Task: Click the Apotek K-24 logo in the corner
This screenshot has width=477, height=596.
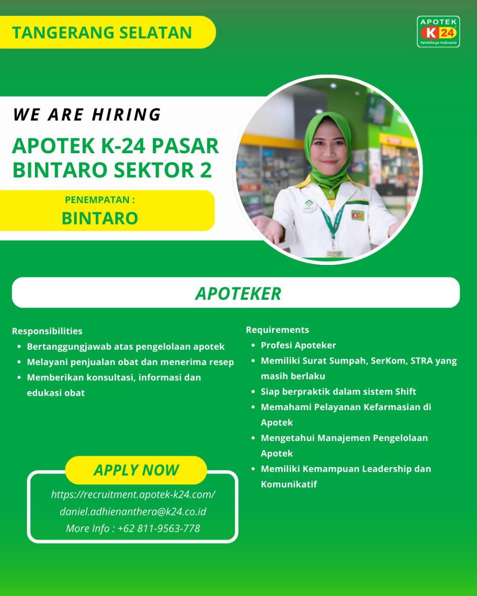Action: tap(438, 32)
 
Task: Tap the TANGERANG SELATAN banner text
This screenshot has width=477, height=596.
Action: tap(102, 33)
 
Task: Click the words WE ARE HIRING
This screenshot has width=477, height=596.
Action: tap(87, 115)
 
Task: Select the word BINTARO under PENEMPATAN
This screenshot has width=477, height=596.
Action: tap(100, 218)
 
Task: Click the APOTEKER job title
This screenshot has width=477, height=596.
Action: tap(238, 293)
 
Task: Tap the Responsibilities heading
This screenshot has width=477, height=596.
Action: tap(47, 331)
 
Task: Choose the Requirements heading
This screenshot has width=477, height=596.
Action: tap(277, 330)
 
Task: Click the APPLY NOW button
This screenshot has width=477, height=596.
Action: tap(136, 470)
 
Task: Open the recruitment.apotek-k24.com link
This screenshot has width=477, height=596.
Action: tap(133, 494)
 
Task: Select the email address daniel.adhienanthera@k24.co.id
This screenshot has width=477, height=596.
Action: tap(133, 511)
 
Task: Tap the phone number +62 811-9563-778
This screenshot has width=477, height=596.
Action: tap(158, 528)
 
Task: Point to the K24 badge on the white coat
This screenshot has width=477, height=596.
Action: tap(358, 215)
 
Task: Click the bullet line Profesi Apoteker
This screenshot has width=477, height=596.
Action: tap(298, 345)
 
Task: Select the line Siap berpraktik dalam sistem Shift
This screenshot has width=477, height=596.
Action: tap(338, 392)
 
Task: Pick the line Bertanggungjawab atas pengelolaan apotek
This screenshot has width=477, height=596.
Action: tap(126, 346)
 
